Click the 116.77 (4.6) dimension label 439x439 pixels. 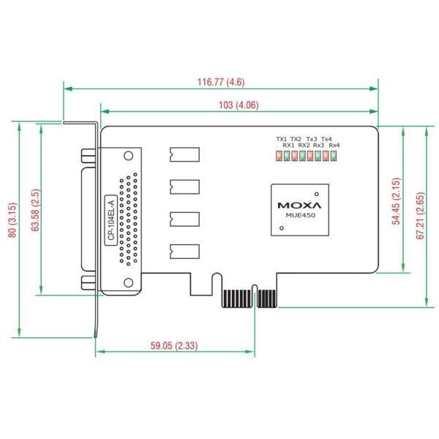221,82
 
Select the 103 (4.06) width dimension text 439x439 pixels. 239,105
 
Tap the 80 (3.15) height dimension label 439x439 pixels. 12,220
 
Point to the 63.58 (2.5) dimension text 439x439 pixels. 36,210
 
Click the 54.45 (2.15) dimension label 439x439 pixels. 396,201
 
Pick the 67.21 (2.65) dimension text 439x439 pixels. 421,216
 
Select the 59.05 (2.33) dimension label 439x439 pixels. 174,345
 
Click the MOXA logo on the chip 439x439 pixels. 299,205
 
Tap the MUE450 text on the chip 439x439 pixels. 301,215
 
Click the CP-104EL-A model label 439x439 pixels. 111,220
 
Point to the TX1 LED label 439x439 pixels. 282,139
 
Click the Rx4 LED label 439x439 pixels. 334,145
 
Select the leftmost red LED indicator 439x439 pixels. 279,156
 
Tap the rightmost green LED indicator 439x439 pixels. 334,156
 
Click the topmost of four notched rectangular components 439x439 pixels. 184,154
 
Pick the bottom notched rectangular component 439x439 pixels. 184,252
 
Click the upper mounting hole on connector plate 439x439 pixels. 128,156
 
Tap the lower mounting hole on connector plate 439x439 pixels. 128,282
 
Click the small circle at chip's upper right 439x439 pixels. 316,194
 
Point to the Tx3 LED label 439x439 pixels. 312,139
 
